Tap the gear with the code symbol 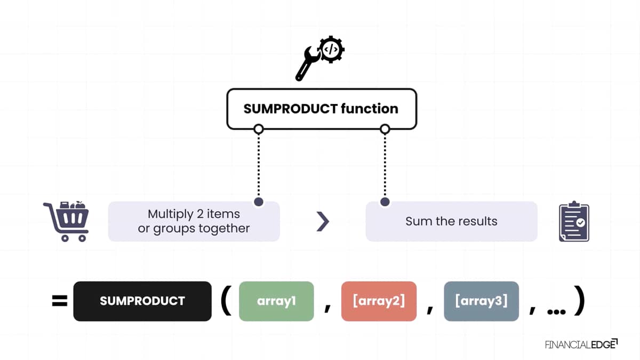point(331,50)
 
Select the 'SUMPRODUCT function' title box point(322,109)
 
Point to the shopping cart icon point(66,221)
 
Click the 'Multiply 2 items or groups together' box point(194,221)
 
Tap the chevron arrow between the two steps point(323,221)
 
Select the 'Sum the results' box point(451,221)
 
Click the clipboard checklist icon point(574,221)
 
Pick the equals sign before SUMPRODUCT point(60,301)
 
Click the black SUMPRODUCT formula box point(142,301)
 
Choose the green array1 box point(276,301)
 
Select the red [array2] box point(379,301)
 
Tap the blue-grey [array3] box point(482,301)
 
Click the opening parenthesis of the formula point(226,301)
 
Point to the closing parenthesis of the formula point(580,301)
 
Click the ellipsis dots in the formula point(556,311)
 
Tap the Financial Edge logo point(581,345)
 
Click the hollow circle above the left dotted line point(259,129)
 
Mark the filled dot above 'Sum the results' point(385,202)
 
